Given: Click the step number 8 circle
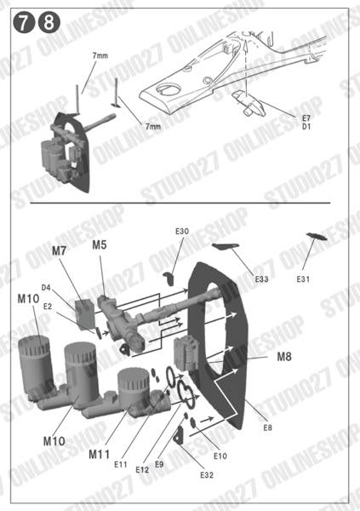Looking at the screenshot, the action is tap(46, 26).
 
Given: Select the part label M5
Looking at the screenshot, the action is tap(100, 244).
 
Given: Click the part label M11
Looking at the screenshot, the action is tap(100, 455).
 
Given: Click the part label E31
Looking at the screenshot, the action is tap(304, 278).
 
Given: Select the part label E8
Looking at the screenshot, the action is tap(267, 426).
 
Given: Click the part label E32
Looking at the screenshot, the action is tap(206, 474).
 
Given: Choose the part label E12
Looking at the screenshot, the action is tap(141, 468).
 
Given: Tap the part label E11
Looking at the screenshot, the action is tap(120, 464).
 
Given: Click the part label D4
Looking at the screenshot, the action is tap(46, 288).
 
